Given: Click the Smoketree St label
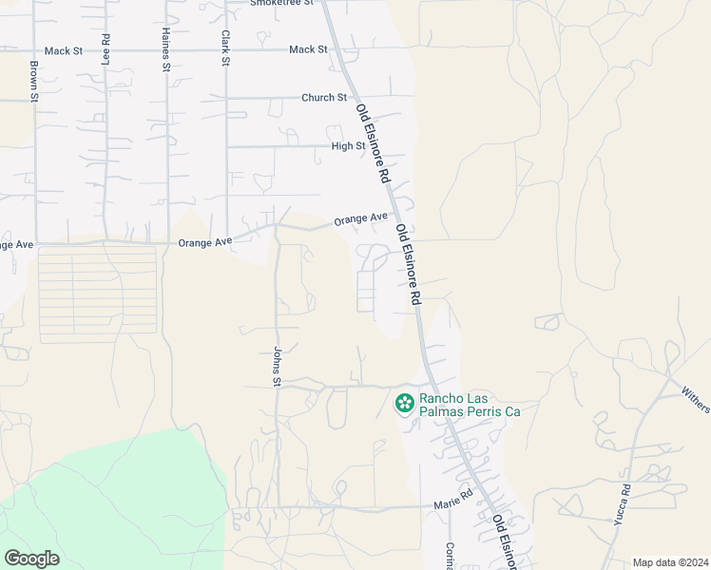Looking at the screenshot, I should tap(281, 4).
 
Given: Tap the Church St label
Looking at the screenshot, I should tap(324, 98).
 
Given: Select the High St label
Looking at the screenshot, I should tap(348, 146).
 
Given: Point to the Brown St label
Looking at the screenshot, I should tap(34, 82).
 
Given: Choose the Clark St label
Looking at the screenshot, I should tap(226, 47).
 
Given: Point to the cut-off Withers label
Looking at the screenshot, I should tap(696, 398).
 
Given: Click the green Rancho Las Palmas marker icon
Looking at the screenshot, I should tap(405, 404).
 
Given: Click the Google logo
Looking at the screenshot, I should tap(31, 559).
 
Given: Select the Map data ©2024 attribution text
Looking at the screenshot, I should tap(670, 562).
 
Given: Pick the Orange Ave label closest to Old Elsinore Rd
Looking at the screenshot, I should tap(360, 219).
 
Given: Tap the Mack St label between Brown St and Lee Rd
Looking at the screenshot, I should tap(65, 49).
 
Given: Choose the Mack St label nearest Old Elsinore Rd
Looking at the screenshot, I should tap(308, 49).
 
